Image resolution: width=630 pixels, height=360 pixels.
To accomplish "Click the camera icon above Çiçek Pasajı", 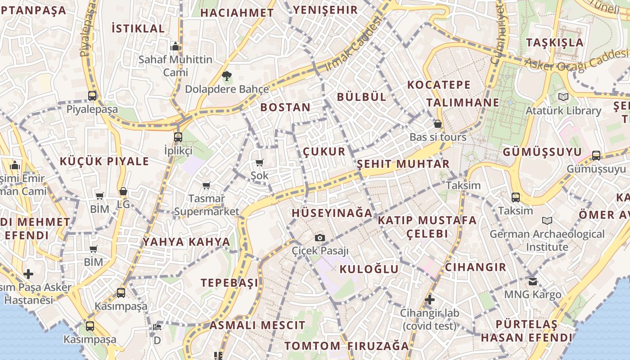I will point(320,238).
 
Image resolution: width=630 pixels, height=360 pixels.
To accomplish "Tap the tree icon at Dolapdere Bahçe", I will point(226,76).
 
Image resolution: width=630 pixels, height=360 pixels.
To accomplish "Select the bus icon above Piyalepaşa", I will point(92,95).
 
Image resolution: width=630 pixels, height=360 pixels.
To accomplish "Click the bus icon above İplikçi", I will point(178,137).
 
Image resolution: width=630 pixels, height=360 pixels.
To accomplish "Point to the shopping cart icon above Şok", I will point(259,162).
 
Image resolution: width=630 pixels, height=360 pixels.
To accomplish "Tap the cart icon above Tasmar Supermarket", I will point(207,185).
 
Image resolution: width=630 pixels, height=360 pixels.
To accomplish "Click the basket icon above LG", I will point(123,192).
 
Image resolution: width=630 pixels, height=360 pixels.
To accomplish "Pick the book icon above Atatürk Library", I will point(563,97).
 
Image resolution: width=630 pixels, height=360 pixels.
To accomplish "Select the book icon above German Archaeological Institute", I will point(547,221).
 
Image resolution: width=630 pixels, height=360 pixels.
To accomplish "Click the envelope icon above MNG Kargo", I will point(533,282).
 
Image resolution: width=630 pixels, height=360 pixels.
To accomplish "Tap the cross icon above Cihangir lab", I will point(430,299).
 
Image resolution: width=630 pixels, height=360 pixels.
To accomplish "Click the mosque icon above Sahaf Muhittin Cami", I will point(175,46).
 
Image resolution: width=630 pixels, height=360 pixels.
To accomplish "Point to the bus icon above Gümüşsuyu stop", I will point(596,156).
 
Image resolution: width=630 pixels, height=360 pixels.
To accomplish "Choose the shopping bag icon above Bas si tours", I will point(438,124).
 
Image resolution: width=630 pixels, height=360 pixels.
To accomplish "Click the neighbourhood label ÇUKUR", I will point(324,151).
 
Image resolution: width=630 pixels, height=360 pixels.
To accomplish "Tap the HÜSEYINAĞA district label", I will point(332,213).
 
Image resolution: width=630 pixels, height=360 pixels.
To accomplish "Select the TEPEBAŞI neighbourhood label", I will point(229,283).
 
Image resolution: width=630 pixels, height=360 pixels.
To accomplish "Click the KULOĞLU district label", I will point(369,269).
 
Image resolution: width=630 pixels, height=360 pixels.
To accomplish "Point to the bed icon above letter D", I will point(157,327).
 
